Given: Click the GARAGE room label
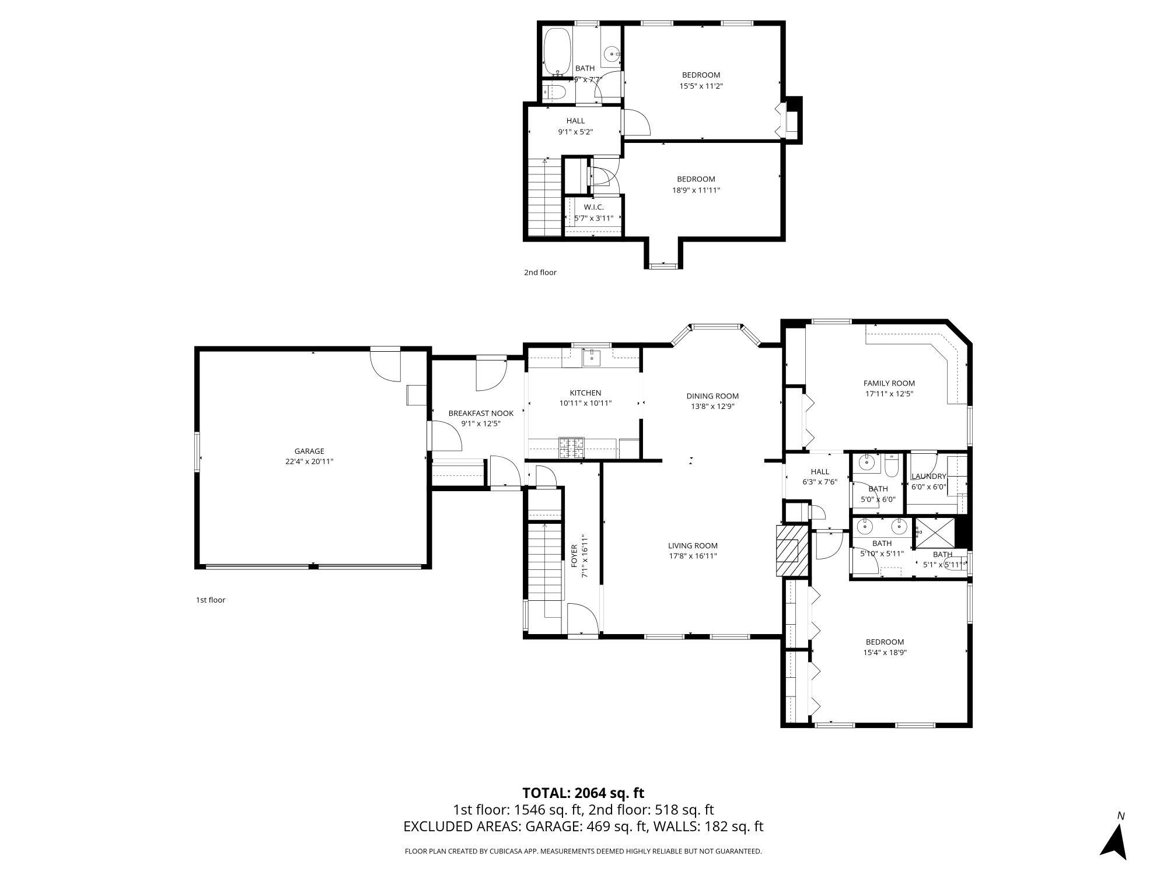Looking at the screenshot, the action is point(309,451).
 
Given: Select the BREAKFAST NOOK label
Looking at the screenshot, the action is point(481,414).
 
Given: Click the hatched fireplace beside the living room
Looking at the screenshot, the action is point(792,551).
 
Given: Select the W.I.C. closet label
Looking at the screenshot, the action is point(593,207).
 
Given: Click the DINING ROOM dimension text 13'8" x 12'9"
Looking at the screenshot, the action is point(712,407).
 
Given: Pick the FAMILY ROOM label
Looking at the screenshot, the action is point(889,383).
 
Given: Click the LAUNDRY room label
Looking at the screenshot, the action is point(928,476).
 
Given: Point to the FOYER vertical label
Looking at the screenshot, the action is point(574,556).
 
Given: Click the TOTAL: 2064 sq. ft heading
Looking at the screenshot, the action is point(583,793).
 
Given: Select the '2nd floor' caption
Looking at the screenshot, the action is point(540,272).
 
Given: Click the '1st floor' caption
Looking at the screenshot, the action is point(210,600).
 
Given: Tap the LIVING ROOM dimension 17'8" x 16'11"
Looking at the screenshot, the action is point(693,556).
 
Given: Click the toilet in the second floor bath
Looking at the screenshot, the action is point(554,92).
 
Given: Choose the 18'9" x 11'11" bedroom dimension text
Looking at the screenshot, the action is point(696,190).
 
